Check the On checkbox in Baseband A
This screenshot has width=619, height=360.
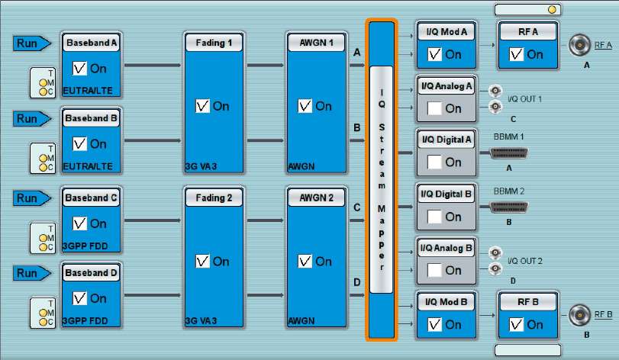tap(80, 69)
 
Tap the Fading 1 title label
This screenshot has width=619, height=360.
tap(214, 43)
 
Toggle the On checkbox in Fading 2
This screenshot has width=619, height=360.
tap(203, 262)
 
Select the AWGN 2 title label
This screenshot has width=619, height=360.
tap(316, 198)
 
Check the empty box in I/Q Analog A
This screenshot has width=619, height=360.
tap(434, 108)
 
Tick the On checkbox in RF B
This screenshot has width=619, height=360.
tap(516, 324)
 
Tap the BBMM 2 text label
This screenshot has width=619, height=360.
tap(509, 191)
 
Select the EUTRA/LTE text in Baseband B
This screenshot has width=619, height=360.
tap(88, 166)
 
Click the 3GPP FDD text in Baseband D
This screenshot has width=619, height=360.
tap(85, 320)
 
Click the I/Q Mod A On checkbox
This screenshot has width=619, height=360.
tap(434, 54)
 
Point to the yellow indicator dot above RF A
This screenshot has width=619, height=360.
tap(551, 10)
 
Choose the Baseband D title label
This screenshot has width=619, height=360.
tap(92, 272)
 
